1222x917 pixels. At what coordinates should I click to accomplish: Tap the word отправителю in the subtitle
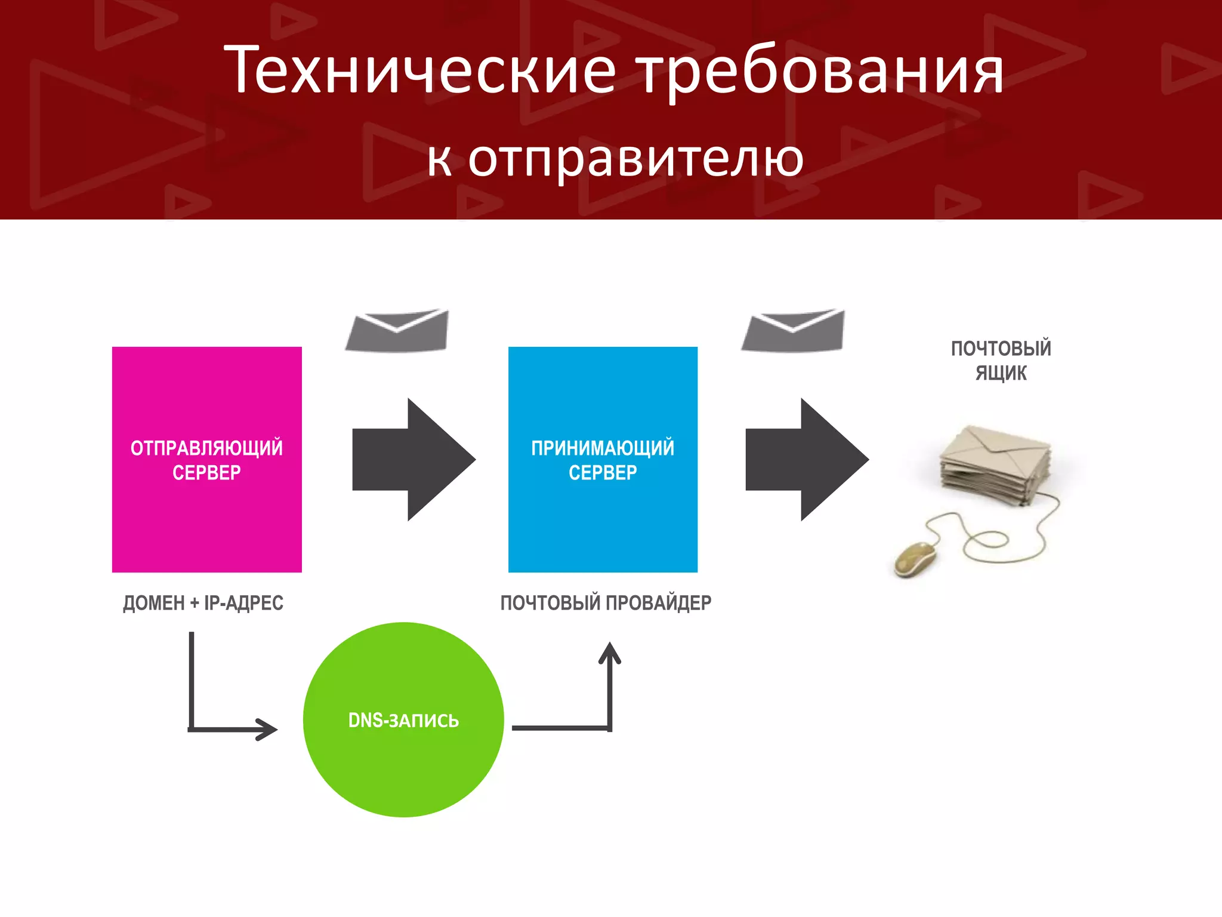[x=635, y=159]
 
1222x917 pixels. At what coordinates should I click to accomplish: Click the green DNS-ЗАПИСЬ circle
[x=403, y=758]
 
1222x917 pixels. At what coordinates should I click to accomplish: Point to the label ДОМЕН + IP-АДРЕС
[x=203, y=603]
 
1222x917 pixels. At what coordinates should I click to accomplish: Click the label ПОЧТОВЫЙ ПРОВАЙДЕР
[x=606, y=603]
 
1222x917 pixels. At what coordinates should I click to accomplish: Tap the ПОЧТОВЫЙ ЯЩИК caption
[x=1001, y=360]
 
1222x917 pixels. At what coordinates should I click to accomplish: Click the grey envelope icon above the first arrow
[x=397, y=331]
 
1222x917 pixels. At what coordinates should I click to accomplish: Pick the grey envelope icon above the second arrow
[x=794, y=331]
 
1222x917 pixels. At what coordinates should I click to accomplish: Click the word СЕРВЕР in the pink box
[x=206, y=472]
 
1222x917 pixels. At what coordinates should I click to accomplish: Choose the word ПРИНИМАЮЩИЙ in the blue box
[x=603, y=448]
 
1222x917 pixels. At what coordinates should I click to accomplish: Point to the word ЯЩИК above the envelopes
[x=1001, y=373]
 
